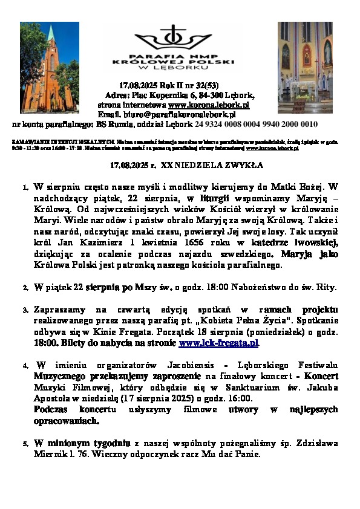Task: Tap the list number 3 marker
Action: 25,310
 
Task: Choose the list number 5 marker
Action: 25,444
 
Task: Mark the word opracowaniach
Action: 62,420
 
